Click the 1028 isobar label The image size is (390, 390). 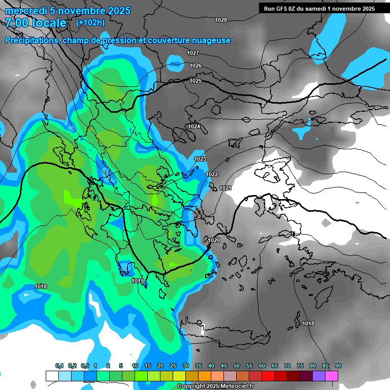coord(221,20)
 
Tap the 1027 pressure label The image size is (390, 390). coord(193,53)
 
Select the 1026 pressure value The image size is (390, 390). coord(196,66)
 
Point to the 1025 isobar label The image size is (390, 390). coord(196,81)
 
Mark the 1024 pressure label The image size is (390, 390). coord(194,126)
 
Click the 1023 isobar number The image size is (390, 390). coord(200,159)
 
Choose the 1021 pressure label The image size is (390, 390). coord(225,188)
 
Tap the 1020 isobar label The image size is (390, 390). coord(214,241)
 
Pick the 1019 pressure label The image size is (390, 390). coord(138,281)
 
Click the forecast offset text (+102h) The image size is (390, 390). coord(90,23)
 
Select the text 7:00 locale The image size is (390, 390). coord(36,23)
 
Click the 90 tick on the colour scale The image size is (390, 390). coord(338,366)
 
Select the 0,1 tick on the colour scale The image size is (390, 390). coord(59,366)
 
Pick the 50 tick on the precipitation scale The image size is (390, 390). coord(237,366)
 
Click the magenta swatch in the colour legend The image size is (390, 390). coord(332,376)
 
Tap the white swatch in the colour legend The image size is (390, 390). coord(52,376)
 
